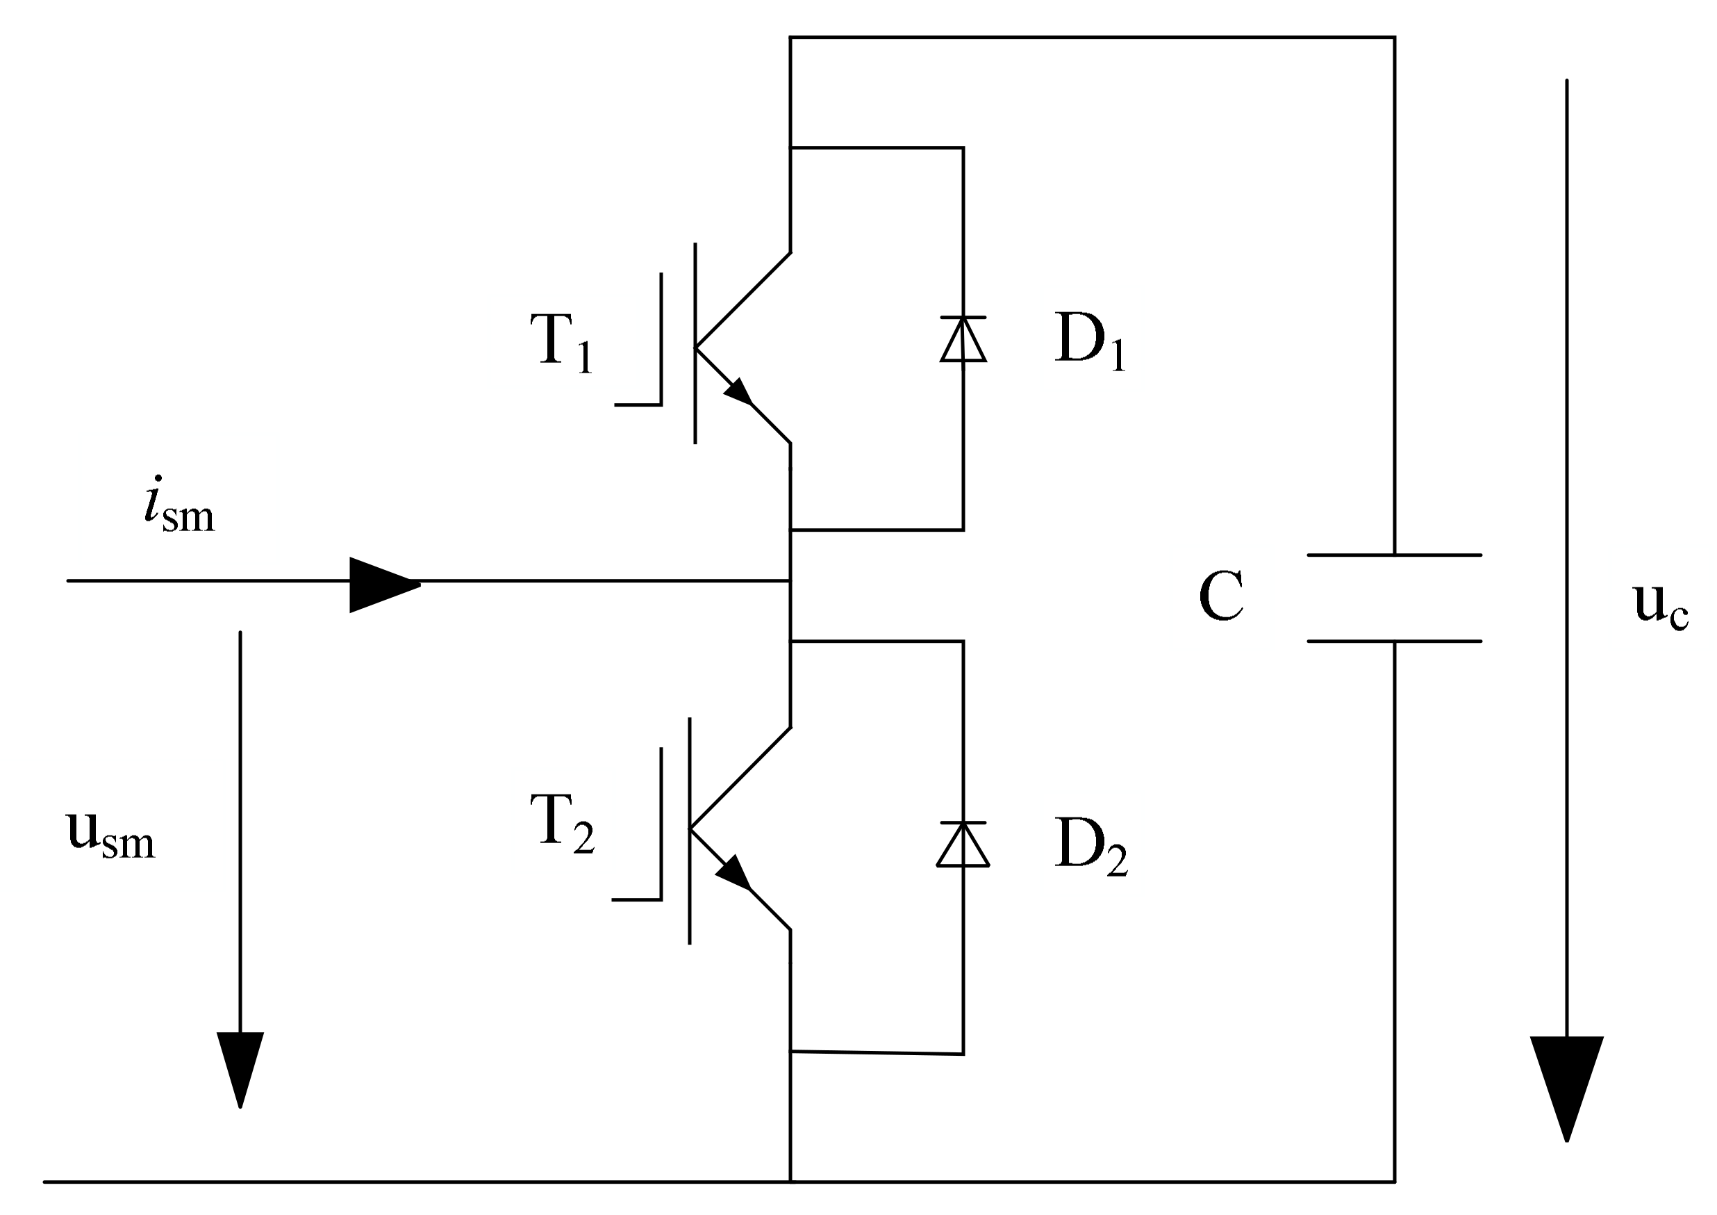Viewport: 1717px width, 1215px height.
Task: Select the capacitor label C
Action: pyautogui.click(x=1220, y=596)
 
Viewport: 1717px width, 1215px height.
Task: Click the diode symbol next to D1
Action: pyautogui.click(x=963, y=341)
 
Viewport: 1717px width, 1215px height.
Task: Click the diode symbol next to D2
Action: pyautogui.click(x=963, y=845)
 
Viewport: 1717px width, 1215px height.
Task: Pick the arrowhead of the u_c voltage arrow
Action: pyautogui.click(x=1567, y=1085)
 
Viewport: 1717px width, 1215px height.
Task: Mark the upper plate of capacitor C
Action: pyautogui.click(x=1394, y=555)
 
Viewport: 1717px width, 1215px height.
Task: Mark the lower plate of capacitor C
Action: pyautogui.click(x=1394, y=641)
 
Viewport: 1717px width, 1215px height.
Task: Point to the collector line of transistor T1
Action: pyautogui.click(x=743, y=300)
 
